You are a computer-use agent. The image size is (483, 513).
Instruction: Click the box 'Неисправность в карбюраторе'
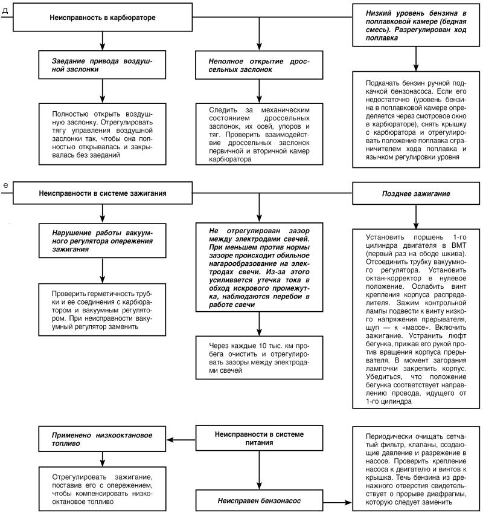(102, 18)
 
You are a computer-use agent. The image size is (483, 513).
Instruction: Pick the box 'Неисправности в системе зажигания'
(102, 193)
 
